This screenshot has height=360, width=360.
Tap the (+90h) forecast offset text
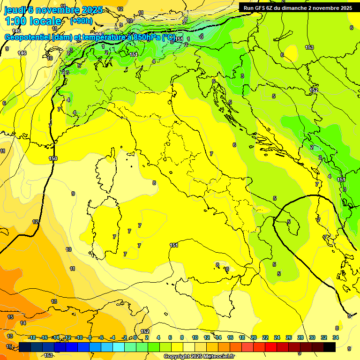coord(81,21)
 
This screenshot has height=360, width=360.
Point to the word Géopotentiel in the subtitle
coord(28,37)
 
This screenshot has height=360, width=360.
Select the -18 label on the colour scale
coord(32,337)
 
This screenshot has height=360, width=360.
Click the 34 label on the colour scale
coord(336,337)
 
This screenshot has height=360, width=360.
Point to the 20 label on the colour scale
coord(254,337)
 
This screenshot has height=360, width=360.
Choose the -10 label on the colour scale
coord(79,337)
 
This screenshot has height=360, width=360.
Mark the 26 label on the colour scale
coord(289,337)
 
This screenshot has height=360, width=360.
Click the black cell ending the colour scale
coord(330,347)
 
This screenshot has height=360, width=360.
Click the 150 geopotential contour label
coord(53,159)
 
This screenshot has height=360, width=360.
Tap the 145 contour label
coord(16,44)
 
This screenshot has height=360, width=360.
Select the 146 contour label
coord(22,53)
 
